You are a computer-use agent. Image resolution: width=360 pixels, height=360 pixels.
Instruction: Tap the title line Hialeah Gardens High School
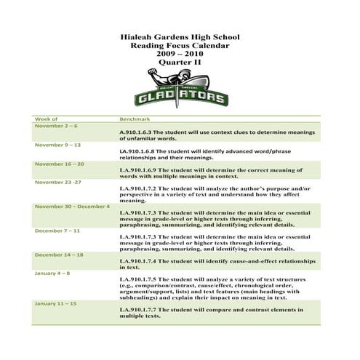180,37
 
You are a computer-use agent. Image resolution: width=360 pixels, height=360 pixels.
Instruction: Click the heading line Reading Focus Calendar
180,46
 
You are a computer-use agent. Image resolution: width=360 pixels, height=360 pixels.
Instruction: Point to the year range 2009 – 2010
180,55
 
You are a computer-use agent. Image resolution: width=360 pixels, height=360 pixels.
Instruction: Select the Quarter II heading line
180,63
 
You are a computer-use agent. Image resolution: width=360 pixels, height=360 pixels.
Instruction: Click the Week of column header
46,118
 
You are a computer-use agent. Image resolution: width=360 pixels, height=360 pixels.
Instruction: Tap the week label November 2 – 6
56,126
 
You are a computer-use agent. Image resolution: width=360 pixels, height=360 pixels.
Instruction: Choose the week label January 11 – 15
55,303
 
